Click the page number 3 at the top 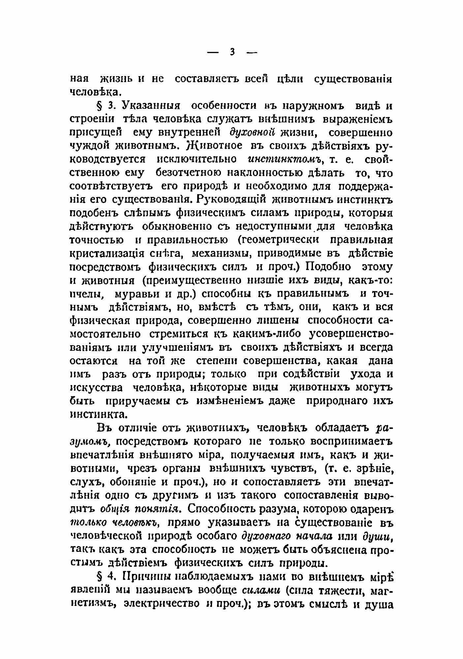click(232, 52)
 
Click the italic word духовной click(252, 133)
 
